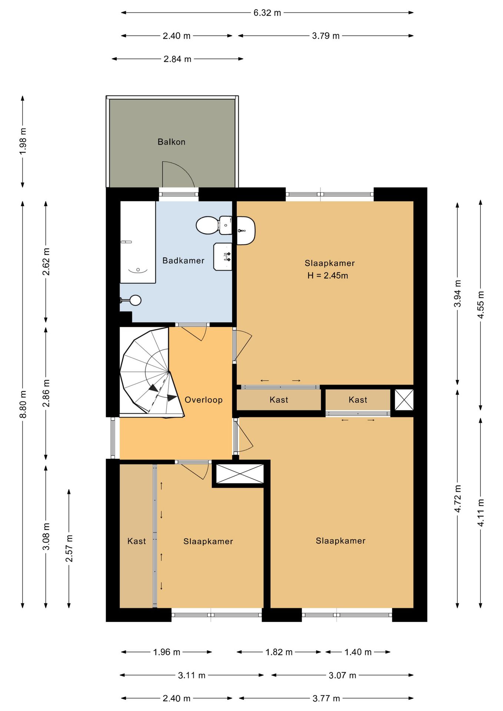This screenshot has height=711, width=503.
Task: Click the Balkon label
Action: (171, 142)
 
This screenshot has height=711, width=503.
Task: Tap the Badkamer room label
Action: (183, 261)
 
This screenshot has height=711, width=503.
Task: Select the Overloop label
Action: (203, 400)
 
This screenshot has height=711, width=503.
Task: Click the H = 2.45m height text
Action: (327, 276)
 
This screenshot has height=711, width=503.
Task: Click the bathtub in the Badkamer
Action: (137, 242)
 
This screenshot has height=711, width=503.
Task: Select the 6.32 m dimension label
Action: (267, 13)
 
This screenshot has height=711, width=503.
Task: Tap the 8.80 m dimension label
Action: (23, 404)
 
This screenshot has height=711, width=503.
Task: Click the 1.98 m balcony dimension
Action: (23, 141)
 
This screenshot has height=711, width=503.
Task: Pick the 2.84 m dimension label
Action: (177, 59)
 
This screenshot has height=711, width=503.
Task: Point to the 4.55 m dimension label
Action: (481, 305)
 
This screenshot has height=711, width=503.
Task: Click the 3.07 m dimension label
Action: (342, 675)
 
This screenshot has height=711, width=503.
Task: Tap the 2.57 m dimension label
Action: (69, 548)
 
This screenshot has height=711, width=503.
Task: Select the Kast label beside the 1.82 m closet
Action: (279, 400)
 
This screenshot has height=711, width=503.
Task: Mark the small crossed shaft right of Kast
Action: (404, 400)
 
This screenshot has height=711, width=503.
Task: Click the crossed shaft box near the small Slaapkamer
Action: (240, 474)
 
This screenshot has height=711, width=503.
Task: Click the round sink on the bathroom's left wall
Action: (135, 300)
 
